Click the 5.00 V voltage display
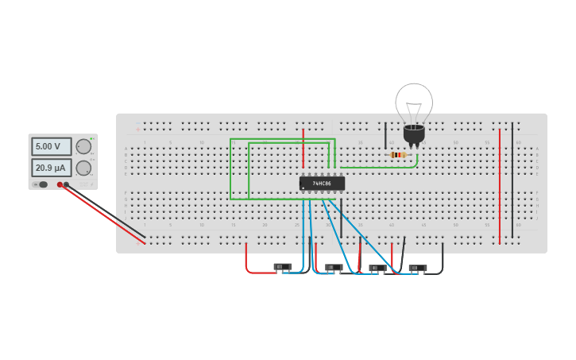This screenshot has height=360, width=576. click(51, 147)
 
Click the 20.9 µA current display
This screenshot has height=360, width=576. click(51, 168)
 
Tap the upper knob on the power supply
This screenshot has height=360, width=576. click(83, 146)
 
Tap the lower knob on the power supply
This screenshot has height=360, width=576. click(83, 168)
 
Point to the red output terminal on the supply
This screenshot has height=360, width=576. click(60, 185)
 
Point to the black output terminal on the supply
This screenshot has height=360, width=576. click(67, 185)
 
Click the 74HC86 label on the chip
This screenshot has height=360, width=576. click(322, 184)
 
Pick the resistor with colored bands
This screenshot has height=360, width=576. click(398, 154)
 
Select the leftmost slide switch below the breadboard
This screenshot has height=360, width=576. click(282, 267)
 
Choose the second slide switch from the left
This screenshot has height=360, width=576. click(334, 268)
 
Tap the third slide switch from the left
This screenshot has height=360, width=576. click(377, 268)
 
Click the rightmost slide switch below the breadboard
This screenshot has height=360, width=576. click(418, 268)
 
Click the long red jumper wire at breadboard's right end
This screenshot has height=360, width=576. click(500, 183)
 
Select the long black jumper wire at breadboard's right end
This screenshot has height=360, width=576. click(512, 183)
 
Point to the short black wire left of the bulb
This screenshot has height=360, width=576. click(385, 136)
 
